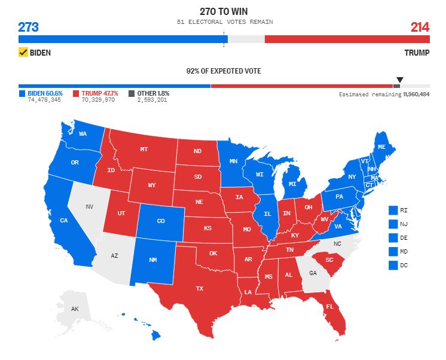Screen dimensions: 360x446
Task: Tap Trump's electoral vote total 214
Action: [x=419, y=27]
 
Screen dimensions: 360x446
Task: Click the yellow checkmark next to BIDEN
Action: [x=24, y=53]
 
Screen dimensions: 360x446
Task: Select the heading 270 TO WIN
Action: [x=224, y=11]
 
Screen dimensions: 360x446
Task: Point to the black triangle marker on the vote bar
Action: [x=400, y=80]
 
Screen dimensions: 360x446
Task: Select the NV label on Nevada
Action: [x=90, y=207]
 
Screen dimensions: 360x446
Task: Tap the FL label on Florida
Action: [x=329, y=307]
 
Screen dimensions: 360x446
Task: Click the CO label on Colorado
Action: [x=161, y=221]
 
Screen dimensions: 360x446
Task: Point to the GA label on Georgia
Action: [x=313, y=273]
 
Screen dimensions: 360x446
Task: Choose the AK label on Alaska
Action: [x=75, y=309]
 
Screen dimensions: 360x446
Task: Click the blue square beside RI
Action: [x=393, y=210]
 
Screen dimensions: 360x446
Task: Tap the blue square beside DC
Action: [x=393, y=265]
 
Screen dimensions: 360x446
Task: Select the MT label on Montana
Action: [x=144, y=150]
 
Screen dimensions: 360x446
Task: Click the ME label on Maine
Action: [x=381, y=147]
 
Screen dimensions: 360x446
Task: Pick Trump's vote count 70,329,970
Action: [x=98, y=100]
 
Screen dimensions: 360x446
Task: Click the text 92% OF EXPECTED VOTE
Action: [x=224, y=71]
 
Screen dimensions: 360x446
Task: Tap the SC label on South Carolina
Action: [x=329, y=260]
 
